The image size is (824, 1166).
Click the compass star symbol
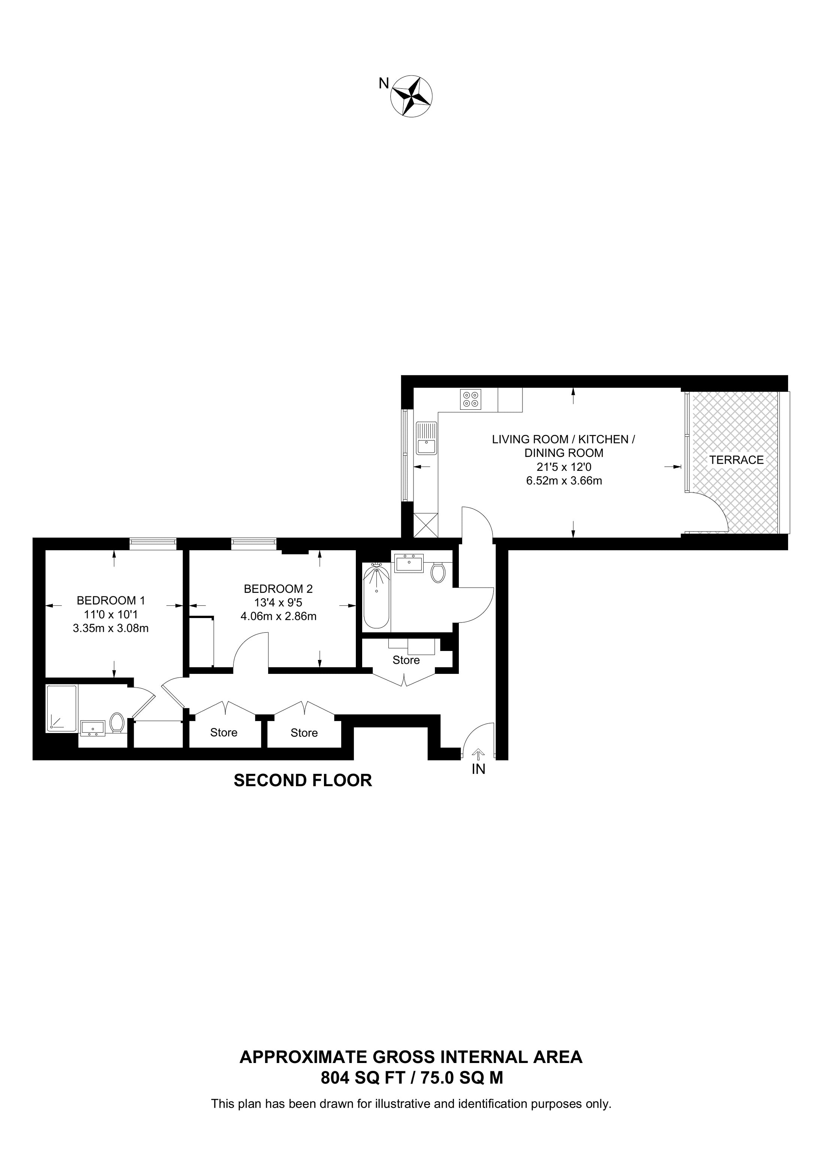coord(411,96)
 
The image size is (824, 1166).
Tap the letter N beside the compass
coord(384,83)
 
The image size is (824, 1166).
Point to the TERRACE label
coord(736,460)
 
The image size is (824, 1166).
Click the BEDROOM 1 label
coord(111,600)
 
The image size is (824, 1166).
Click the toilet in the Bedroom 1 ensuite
coord(117,723)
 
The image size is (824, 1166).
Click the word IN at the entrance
coord(479,769)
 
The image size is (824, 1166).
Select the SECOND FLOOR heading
coord(303,780)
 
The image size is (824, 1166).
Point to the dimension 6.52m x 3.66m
coord(564,481)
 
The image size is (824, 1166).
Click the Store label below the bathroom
coord(406,660)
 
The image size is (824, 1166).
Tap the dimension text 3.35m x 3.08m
coord(111,629)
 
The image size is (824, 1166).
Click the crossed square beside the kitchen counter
coord(426,525)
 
